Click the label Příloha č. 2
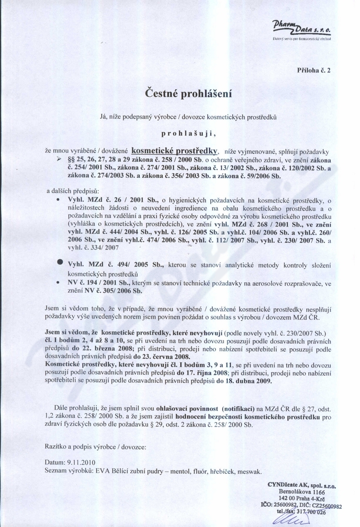click(314, 70)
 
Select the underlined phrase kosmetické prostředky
click(175, 149)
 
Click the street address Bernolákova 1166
click(302, 492)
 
